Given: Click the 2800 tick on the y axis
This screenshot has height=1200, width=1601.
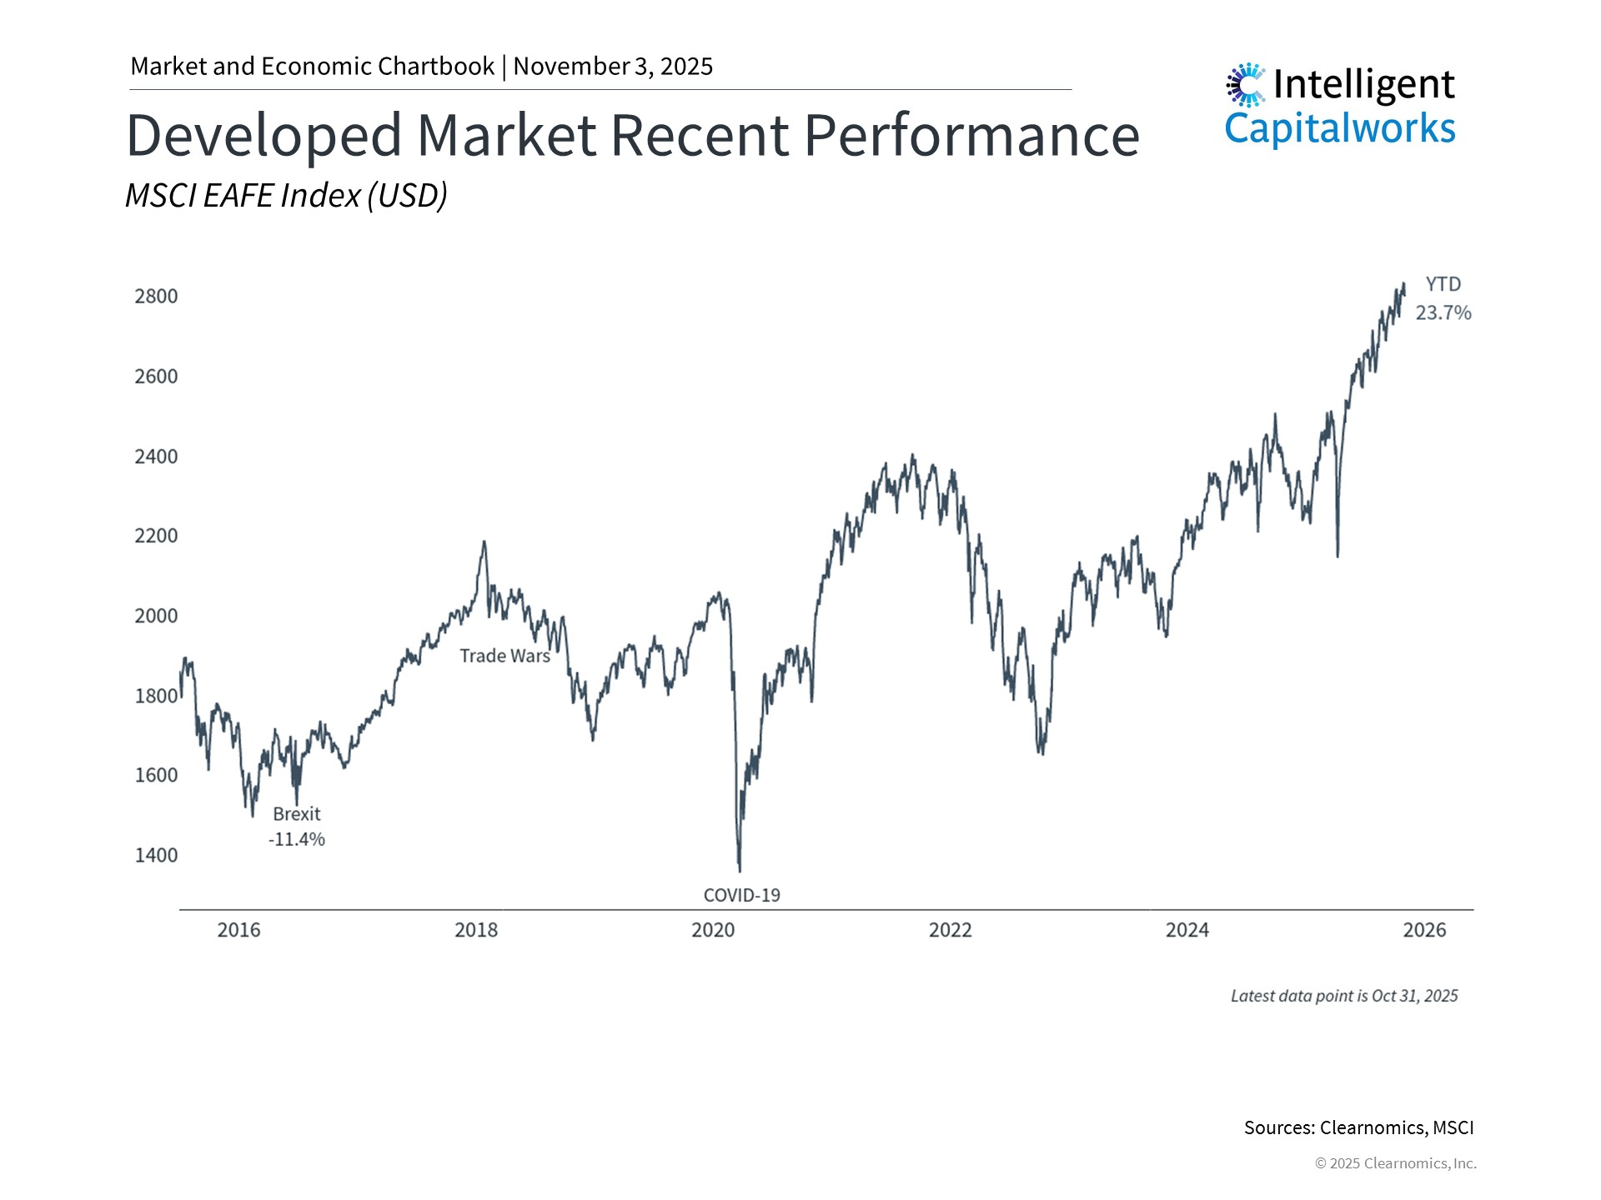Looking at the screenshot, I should tap(156, 297).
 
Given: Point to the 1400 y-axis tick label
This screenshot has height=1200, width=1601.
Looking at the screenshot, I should tap(156, 855).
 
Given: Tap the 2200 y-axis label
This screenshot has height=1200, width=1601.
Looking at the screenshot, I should tap(156, 536).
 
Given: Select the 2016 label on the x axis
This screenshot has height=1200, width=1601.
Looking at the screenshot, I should tap(238, 930).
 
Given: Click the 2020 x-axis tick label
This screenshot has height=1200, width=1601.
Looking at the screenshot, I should tap(713, 930).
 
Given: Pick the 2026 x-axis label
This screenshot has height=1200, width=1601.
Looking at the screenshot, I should tap(1424, 930).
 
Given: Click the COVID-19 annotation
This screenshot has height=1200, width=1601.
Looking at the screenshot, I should tap(741, 895).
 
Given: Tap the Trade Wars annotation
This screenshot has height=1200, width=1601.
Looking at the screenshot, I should tap(504, 656).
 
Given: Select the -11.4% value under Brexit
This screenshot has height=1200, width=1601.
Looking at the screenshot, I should tap(296, 839).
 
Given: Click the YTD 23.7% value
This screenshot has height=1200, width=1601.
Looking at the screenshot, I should tap(1443, 312).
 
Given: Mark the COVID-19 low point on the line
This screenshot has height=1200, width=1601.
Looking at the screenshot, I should tap(740, 869).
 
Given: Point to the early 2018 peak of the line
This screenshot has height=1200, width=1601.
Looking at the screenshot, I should tap(484, 543).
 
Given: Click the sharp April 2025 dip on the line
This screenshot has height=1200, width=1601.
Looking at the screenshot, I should tap(1338, 555).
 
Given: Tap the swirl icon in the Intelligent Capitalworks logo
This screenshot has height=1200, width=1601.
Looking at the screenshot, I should tap(1245, 84).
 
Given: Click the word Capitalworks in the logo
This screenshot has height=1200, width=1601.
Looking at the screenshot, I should tap(1339, 128).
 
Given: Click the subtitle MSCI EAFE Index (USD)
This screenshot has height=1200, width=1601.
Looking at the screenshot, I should tap(286, 196).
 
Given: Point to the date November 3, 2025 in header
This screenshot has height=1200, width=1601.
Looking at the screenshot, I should tap(613, 67).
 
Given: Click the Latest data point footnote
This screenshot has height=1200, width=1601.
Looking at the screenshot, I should tap(1343, 996).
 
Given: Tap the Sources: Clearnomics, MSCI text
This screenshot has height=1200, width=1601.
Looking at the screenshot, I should tap(1358, 1127).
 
